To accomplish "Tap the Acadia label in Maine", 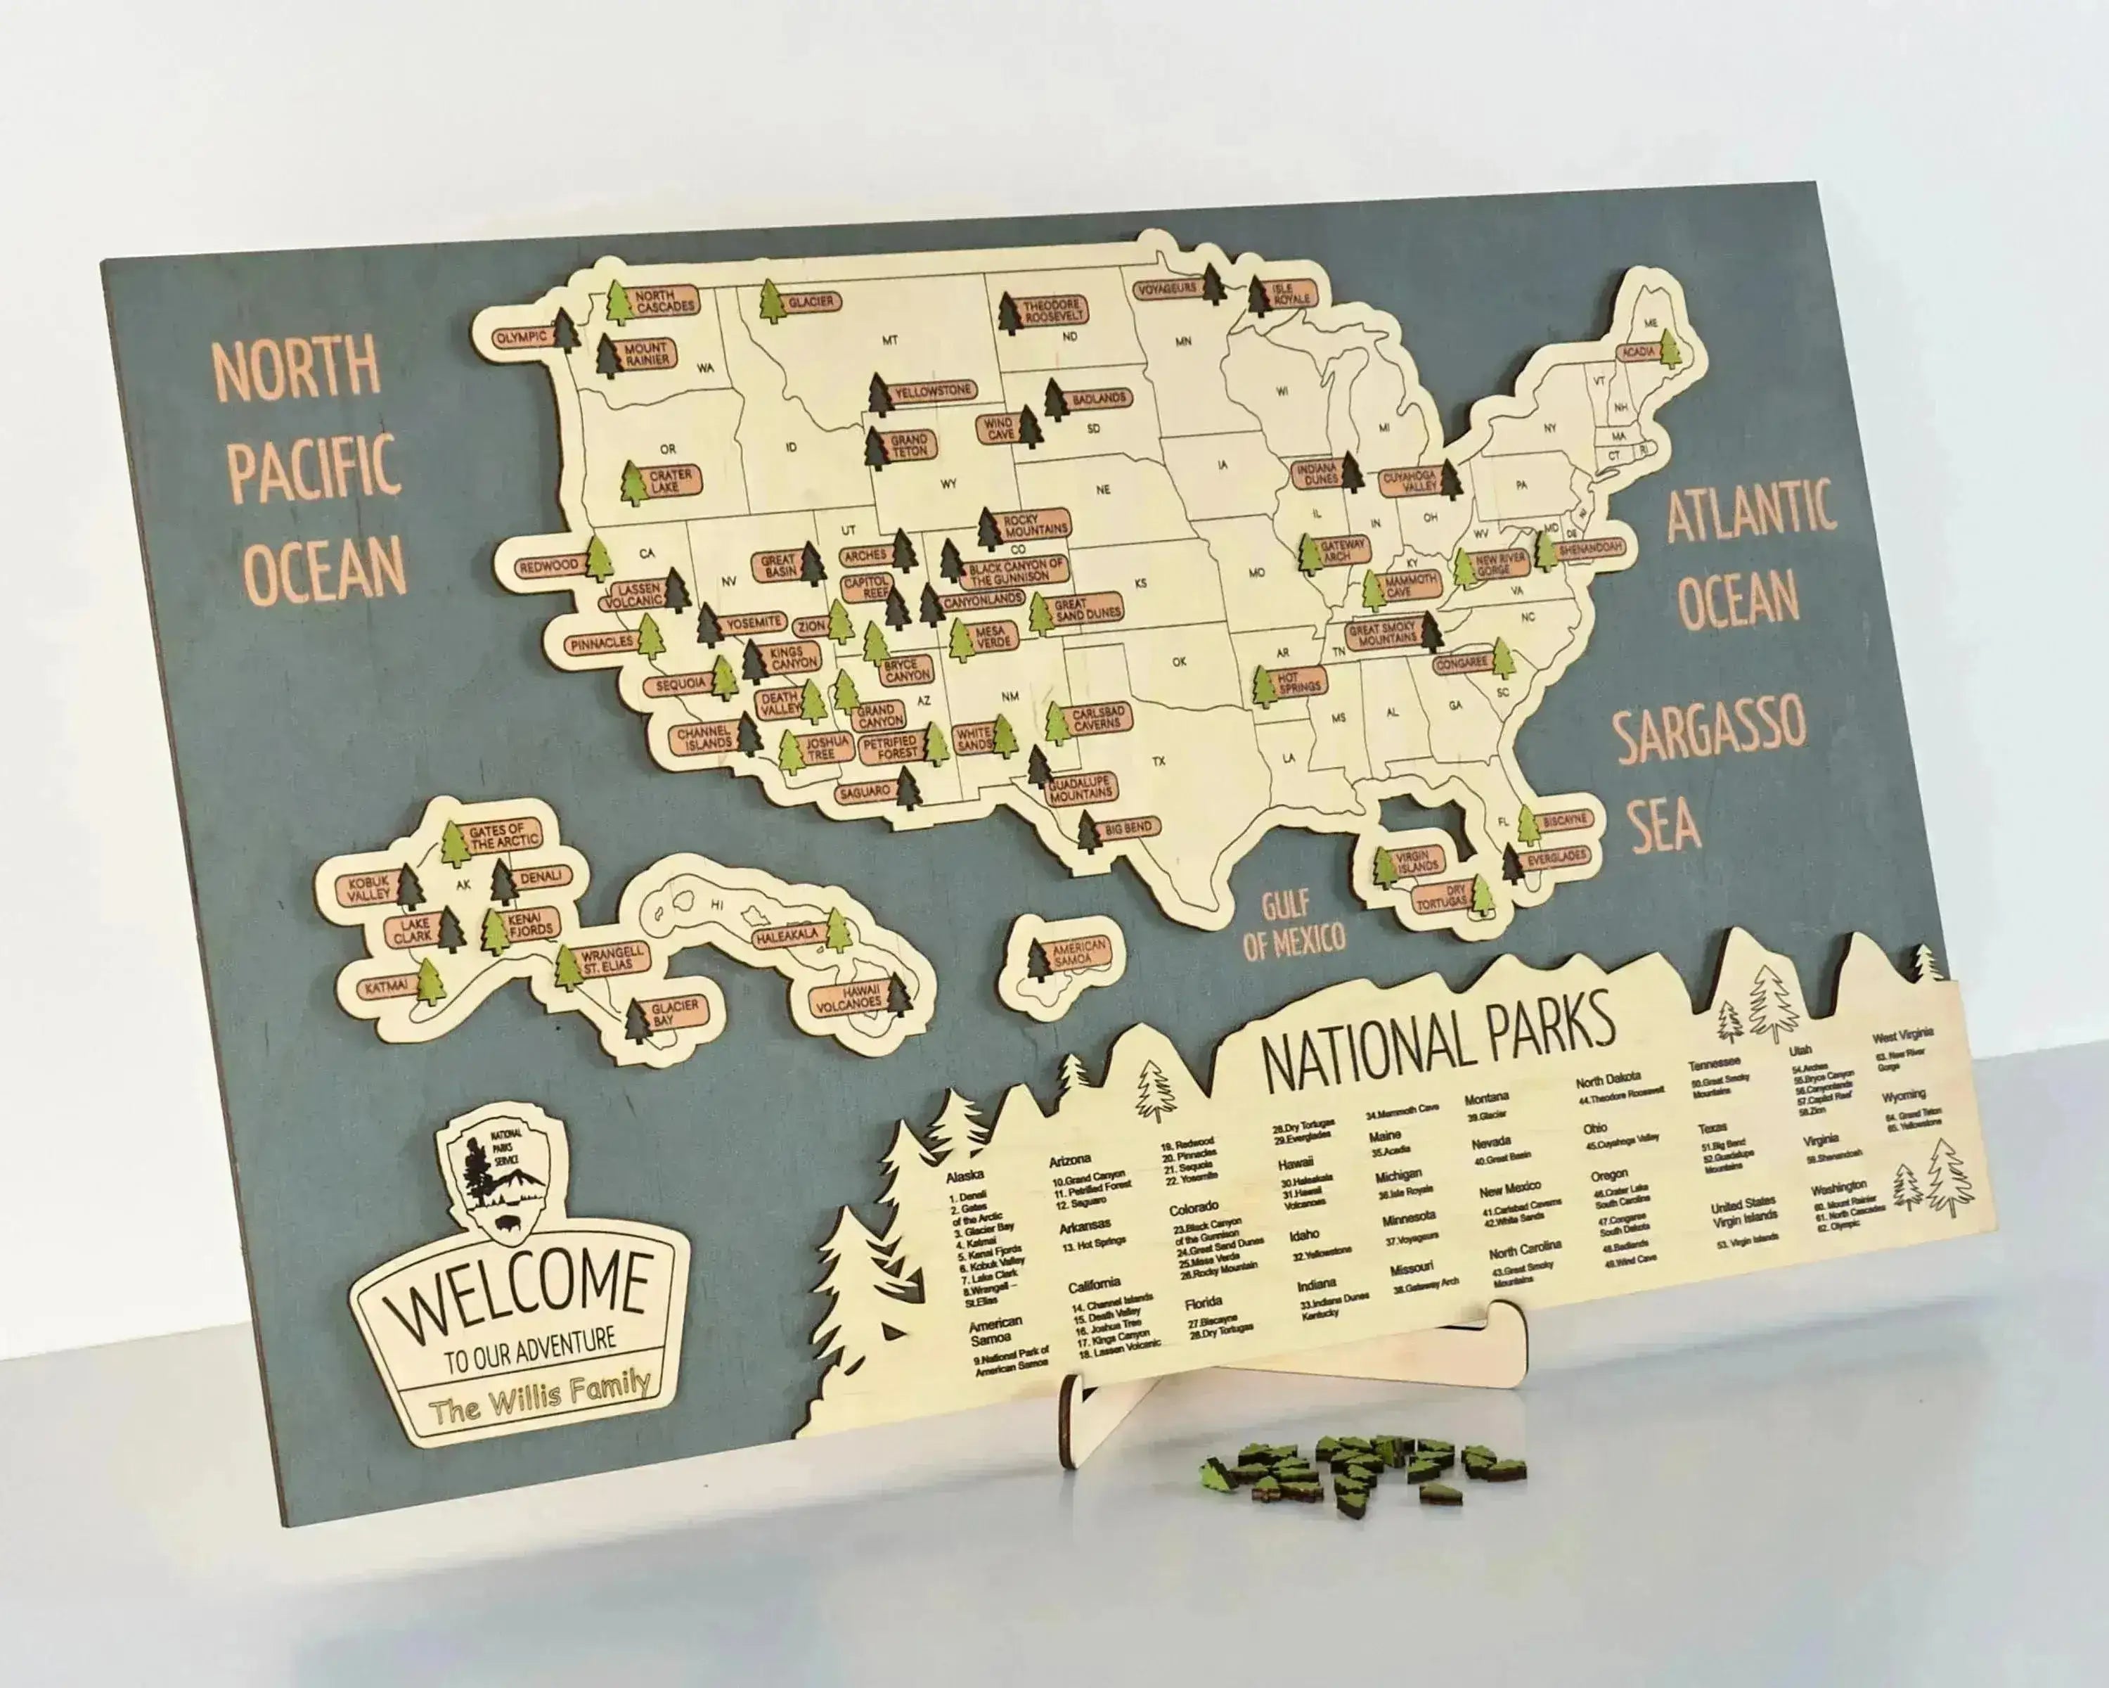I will (x=1639, y=351).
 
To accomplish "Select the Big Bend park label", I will (x=1128, y=829).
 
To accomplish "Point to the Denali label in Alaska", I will (x=541, y=877).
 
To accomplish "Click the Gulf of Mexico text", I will (x=1291, y=925).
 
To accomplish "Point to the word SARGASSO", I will (x=1708, y=730).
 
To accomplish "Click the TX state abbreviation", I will (x=1159, y=760).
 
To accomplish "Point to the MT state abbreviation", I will (x=889, y=340).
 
